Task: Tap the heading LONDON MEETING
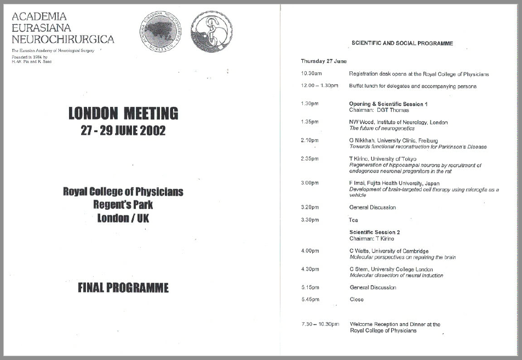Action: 123,113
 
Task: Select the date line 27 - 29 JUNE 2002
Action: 123,131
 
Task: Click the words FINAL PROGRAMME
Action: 123,288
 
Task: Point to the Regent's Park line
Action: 123,205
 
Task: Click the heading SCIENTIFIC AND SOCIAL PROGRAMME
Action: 402,43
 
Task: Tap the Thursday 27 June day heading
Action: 323,61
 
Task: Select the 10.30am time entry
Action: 311,74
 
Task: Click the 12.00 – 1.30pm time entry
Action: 319,86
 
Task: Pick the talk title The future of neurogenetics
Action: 384,128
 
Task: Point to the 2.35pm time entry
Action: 310,159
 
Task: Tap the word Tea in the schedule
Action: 354,220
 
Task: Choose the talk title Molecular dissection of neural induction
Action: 397,276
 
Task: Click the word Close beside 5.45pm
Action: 357,300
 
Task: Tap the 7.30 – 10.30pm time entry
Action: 320,324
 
